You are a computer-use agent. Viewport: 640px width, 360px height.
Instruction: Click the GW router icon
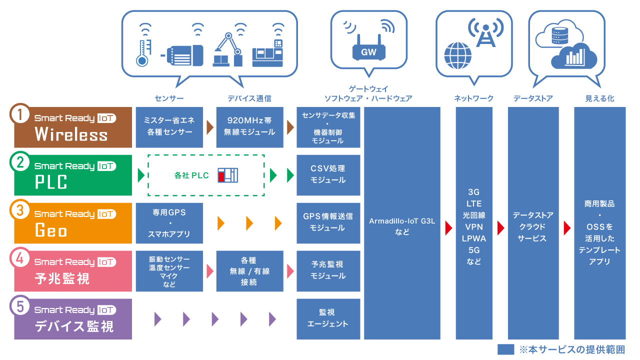click(369, 48)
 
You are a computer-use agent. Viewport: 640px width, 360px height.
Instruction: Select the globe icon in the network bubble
click(458, 55)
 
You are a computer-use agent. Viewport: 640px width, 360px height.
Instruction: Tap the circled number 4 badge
click(20, 259)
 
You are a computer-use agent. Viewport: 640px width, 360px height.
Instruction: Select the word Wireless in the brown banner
click(71, 134)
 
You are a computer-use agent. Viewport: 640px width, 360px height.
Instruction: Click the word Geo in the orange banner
click(51, 230)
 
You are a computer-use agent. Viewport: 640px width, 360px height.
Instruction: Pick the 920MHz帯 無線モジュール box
click(249, 127)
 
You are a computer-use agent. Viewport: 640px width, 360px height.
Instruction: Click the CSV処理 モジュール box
click(328, 174)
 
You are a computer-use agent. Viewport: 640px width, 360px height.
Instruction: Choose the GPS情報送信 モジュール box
click(328, 222)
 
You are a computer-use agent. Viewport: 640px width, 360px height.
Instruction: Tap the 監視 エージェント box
click(328, 318)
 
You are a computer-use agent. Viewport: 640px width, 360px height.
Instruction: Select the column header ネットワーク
click(473, 98)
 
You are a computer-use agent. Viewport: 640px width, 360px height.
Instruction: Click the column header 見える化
click(599, 98)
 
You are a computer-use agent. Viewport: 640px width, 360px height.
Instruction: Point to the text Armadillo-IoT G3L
click(402, 220)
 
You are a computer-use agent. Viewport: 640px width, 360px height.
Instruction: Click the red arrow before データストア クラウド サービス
click(500, 228)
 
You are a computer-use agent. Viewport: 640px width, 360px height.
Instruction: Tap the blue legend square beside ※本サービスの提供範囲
click(505, 349)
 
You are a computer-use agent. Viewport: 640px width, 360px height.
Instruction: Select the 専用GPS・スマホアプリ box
click(169, 223)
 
